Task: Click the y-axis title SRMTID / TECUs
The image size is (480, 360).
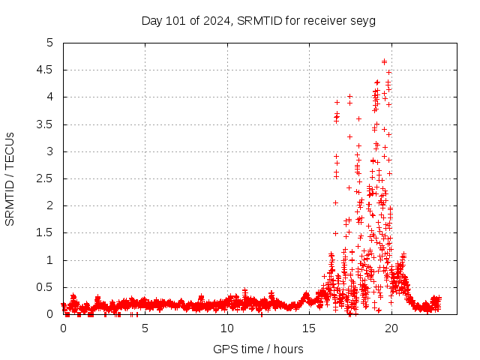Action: (10, 178)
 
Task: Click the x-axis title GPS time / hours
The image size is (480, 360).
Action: (258, 349)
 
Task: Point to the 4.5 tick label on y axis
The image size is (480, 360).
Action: (48, 70)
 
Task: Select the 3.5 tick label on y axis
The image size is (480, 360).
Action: (48, 124)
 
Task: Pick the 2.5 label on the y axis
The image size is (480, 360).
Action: (48, 178)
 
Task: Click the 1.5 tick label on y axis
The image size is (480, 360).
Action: (48, 233)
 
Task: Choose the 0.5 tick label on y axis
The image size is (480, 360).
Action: (48, 287)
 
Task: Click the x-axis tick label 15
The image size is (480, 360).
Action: (308, 328)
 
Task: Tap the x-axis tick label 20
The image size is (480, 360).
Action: (390, 328)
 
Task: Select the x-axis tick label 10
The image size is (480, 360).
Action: (226, 328)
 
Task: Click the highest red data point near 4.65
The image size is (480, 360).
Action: (384, 61)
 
